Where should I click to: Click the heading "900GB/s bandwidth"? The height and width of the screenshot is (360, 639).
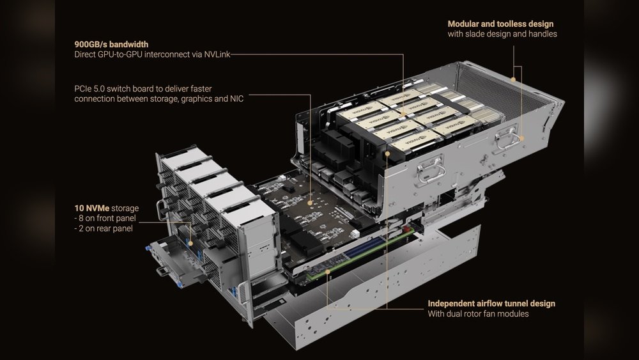click(x=111, y=45)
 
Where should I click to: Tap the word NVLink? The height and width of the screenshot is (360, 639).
click(x=215, y=55)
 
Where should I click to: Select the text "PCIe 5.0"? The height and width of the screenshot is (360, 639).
click(x=90, y=88)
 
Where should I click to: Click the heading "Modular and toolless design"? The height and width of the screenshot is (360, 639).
click(x=500, y=24)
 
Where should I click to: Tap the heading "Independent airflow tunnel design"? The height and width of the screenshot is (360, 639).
click(x=491, y=303)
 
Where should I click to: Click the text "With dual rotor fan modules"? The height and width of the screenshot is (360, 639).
click(x=478, y=313)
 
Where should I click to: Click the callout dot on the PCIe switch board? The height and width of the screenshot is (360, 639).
click(x=310, y=203)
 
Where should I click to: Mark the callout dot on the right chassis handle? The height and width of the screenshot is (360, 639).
click(x=521, y=137)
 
